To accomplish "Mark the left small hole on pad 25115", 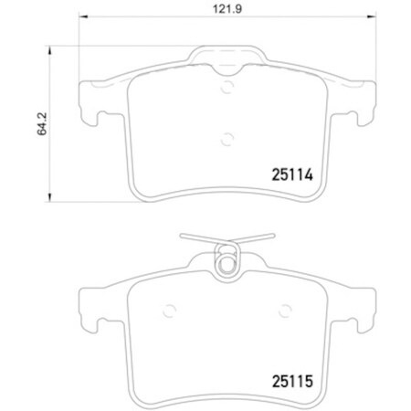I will coord(167,307).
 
